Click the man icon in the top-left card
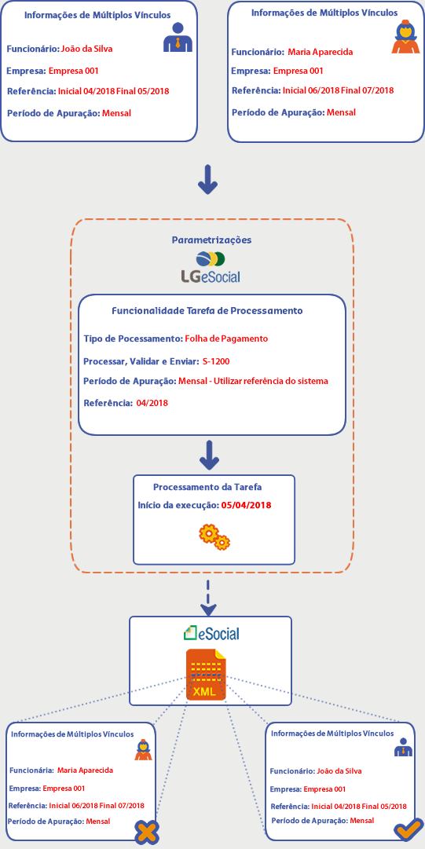point(178,38)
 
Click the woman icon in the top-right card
point(405,36)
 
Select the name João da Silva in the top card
point(88,49)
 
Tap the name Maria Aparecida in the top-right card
point(321,53)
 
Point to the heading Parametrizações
point(211,240)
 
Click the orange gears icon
point(214,536)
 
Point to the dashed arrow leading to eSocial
point(208,597)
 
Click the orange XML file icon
point(207,675)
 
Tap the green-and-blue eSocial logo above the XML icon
point(211,632)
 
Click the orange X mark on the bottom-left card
point(147,832)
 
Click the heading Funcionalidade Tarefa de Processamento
point(207,311)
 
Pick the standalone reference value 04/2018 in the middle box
point(152,403)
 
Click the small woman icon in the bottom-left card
point(143,749)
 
